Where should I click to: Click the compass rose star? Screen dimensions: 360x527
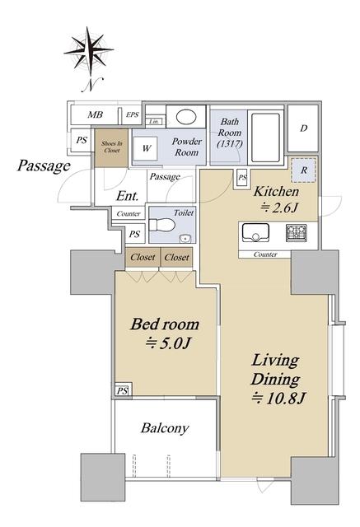(89, 51)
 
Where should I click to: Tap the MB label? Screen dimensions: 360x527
(95, 115)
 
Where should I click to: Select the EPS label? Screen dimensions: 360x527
(133, 114)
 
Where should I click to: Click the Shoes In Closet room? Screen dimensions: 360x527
(111, 148)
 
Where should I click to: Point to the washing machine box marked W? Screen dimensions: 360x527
(146, 148)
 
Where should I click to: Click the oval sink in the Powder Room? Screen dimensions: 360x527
(186, 117)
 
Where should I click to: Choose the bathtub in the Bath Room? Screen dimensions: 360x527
(266, 138)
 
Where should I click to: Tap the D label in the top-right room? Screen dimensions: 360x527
(304, 128)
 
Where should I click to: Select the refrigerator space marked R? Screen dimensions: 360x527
(303, 170)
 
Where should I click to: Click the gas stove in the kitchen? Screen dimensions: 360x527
(297, 233)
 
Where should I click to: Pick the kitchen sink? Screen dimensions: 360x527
(256, 232)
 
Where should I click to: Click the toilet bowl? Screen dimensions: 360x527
(162, 225)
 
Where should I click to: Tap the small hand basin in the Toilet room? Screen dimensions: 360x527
(185, 238)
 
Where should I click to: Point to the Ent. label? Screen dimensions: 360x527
(128, 196)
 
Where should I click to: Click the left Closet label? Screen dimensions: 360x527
(143, 258)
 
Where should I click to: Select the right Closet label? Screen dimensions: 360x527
(177, 258)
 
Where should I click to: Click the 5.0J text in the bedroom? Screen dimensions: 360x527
(168, 343)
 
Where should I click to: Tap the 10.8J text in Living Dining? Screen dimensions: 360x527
(278, 399)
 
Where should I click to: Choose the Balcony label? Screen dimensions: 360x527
(165, 428)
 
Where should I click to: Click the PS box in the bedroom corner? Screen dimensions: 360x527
(123, 390)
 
